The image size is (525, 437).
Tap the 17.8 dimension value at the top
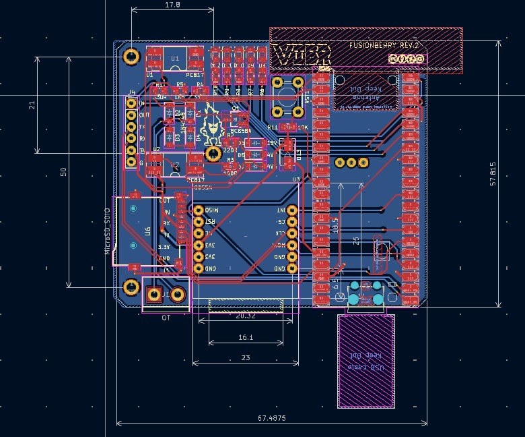(172, 5)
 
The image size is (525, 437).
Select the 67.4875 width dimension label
(271, 418)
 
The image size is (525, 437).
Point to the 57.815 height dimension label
(493, 174)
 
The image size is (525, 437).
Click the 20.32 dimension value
(246, 316)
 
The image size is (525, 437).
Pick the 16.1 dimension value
(246, 337)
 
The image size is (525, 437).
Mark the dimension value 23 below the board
(246, 358)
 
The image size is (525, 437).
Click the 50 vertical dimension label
(64, 172)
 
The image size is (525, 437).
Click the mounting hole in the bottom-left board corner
(131, 289)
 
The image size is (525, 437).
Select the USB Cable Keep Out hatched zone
(365, 360)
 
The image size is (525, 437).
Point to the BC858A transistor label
(240, 131)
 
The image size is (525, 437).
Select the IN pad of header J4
(131, 103)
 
